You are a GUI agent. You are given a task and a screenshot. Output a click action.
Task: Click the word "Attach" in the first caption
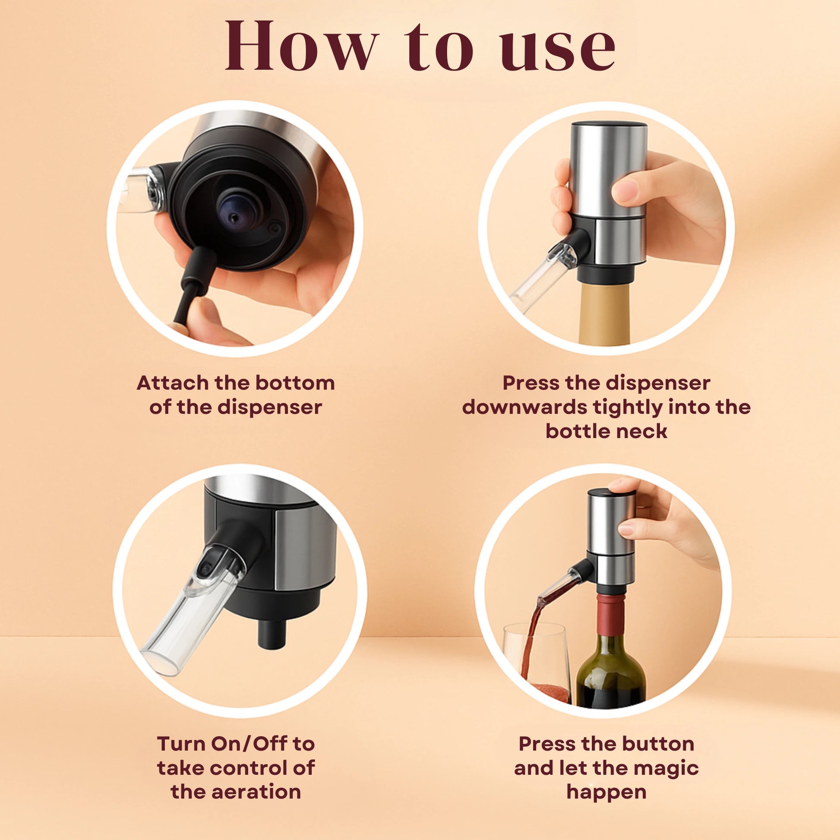click(x=173, y=383)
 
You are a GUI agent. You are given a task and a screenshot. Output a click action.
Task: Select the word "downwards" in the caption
click(x=524, y=407)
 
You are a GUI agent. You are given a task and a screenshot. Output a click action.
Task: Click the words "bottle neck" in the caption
click(x=606, y=431)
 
